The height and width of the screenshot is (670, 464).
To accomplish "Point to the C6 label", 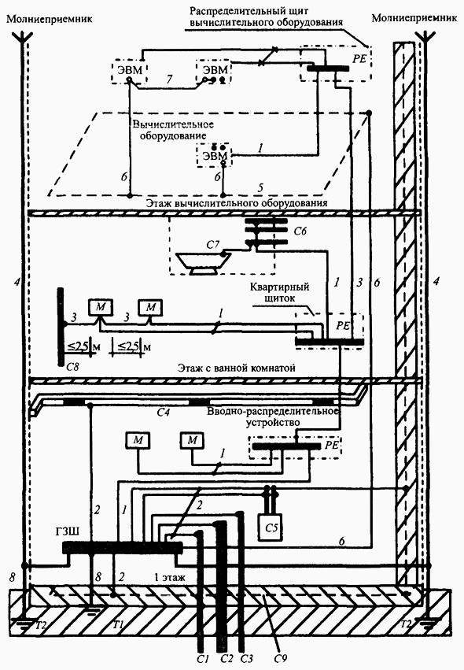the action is point(300,231).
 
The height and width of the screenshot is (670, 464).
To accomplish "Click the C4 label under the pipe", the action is point(164,413).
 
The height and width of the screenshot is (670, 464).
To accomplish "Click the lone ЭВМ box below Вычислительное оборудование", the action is point(214,156).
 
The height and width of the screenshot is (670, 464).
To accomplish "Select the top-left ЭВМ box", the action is point(129,72).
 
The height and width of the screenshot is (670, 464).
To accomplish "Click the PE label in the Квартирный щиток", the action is point(343,326).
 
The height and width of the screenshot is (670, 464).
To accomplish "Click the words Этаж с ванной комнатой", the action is point(237,368).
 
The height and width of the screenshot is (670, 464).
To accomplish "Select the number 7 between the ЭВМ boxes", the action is point(169,79).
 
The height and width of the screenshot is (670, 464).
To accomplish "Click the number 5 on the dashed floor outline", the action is point(260,187).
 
